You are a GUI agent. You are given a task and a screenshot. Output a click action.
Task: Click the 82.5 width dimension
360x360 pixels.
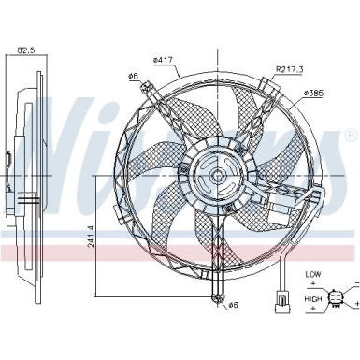tap(25, 50)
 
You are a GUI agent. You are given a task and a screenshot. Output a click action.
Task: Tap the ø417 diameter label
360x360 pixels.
tap(163, 60)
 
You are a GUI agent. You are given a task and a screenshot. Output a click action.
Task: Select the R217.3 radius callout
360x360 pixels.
tap(289, 69)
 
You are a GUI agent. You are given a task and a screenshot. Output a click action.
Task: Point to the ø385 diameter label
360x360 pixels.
tap(314, 93)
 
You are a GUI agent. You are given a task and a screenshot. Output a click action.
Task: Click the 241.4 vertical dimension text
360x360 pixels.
tap(91, 237)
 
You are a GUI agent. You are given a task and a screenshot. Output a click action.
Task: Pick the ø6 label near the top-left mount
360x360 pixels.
tap(133, 76)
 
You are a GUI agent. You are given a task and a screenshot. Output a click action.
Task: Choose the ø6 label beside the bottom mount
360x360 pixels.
tap(233, 305)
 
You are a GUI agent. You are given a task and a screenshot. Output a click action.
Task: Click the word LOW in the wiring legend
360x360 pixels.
tap(313, 275)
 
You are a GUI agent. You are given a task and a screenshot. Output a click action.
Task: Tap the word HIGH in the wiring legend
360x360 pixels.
tap(313, 299)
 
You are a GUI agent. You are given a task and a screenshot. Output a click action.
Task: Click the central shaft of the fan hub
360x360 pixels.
tap(217, 177)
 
